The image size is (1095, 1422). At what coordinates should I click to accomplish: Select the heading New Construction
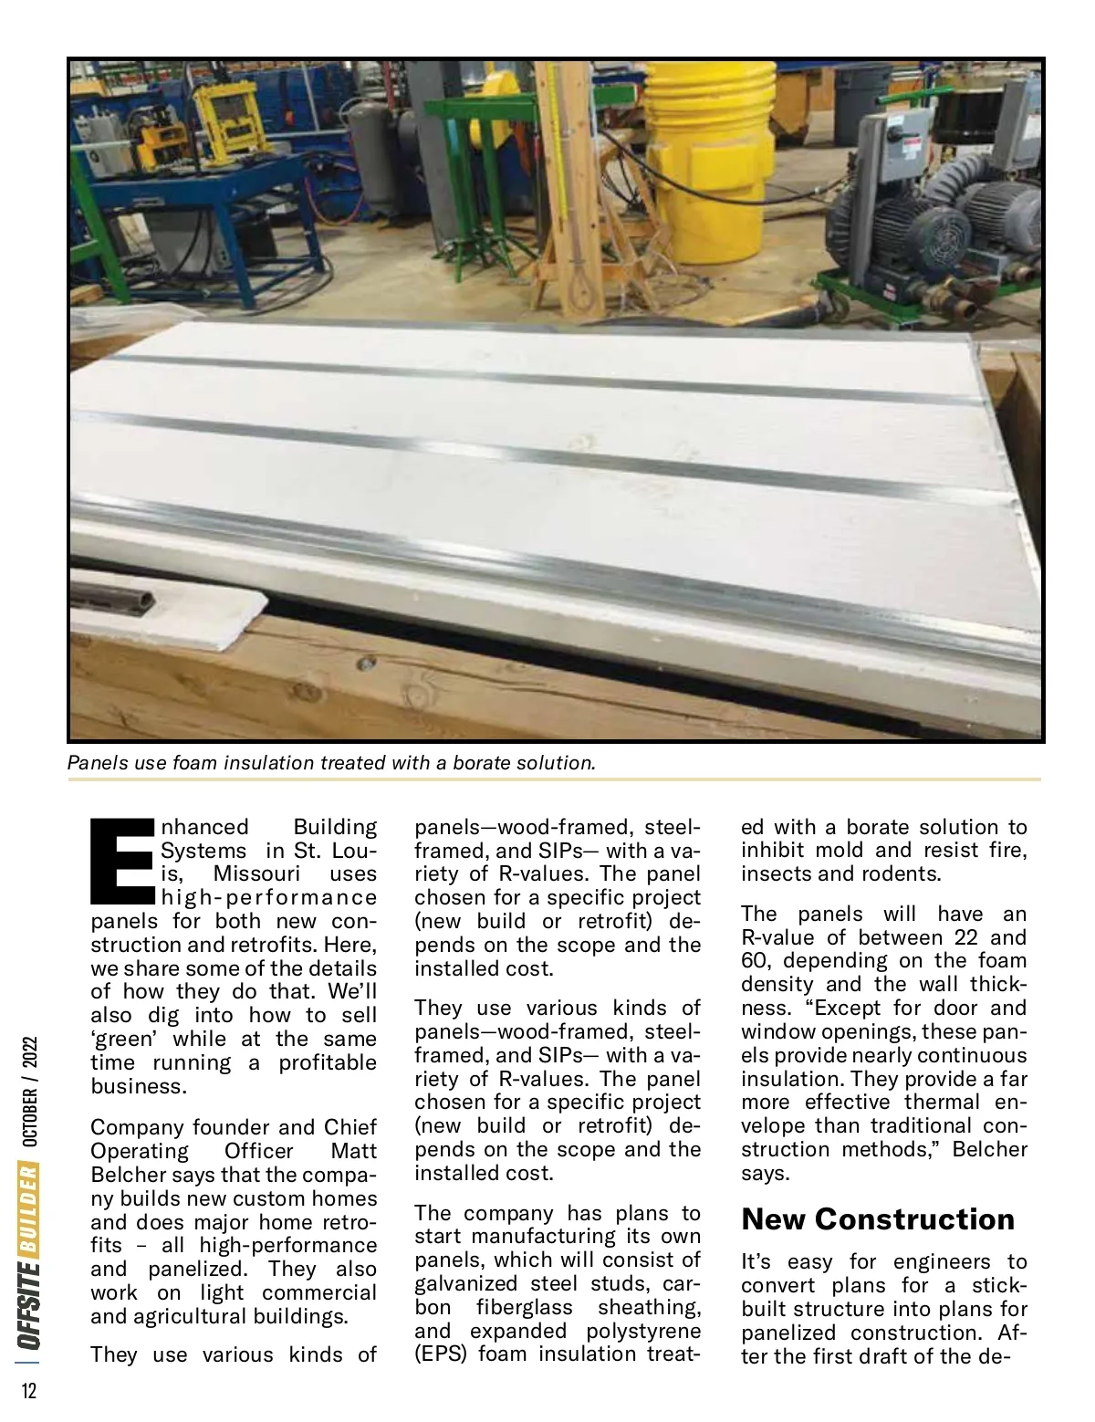click(878, 1219)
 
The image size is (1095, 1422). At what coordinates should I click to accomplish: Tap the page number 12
click(29, 1390)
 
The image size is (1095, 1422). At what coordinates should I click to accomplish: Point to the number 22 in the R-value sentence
click(966, 937)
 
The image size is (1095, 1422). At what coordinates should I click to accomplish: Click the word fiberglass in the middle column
click(524, 1307)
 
